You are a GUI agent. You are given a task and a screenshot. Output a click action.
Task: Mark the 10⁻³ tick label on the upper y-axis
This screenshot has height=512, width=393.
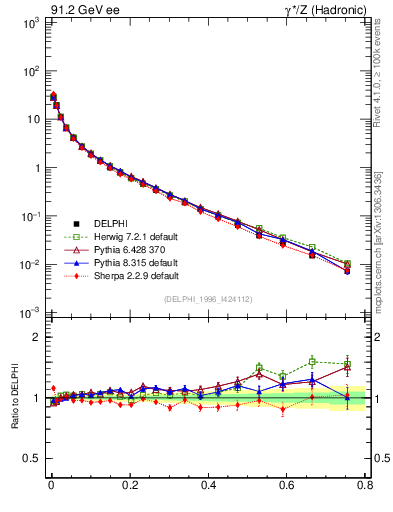click(x=31, y=313)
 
